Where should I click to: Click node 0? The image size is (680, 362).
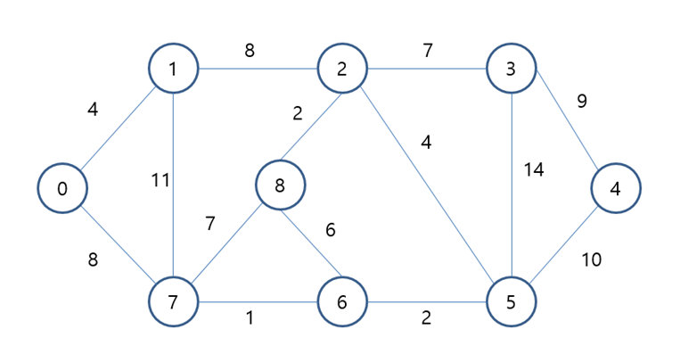(61, 189)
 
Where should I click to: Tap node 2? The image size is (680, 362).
(342, 68)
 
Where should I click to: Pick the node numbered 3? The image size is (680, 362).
(512, 68)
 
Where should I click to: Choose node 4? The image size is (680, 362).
(615, 189)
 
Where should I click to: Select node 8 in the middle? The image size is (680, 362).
(281, 185)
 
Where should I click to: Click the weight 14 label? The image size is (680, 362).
(534, 169)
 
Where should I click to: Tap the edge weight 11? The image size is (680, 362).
(160, 180)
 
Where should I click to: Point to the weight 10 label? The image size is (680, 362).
(591, 259)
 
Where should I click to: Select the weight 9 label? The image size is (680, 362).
(582, 101)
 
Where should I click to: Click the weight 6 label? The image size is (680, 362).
(330, 230)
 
